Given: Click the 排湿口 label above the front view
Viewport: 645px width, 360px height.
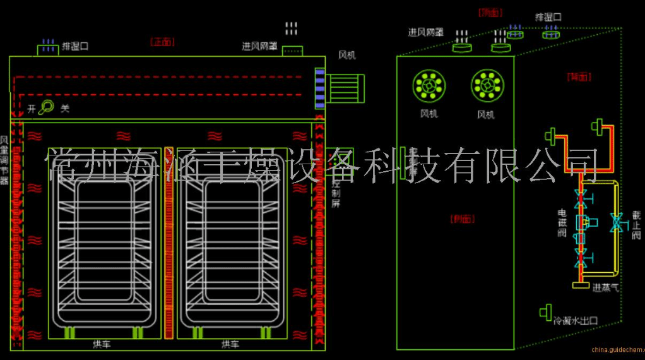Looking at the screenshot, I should click(x=75, y=46).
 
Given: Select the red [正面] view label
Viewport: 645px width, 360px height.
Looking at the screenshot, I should click(x=162, y=42).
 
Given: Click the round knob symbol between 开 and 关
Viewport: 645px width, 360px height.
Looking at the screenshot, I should click(x=46, y=108).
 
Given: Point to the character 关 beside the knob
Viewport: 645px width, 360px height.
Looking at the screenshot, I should click(x=64, y=109).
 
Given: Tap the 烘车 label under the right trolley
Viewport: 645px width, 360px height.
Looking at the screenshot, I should click(x=230, y=345).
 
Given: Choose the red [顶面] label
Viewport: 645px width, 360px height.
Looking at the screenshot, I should click(x=490, y=12).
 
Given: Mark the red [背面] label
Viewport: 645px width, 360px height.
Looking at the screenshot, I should click(x=579, y=77).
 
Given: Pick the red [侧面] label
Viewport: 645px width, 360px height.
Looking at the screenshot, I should click(x=463, y=219).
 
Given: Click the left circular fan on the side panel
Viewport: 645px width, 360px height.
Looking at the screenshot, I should click(x=429, y=85).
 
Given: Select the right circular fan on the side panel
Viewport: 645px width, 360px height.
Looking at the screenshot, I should click(x=487, y=85).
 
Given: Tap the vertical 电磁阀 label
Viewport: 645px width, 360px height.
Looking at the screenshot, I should click(x=562, y=223).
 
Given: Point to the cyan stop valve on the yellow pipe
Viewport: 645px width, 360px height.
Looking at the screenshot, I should click(x=617, y=223).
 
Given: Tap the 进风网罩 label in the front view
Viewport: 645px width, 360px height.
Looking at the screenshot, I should click(x=260, y=46).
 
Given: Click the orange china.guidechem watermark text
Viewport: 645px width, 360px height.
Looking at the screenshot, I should click(x=618, y=349).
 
